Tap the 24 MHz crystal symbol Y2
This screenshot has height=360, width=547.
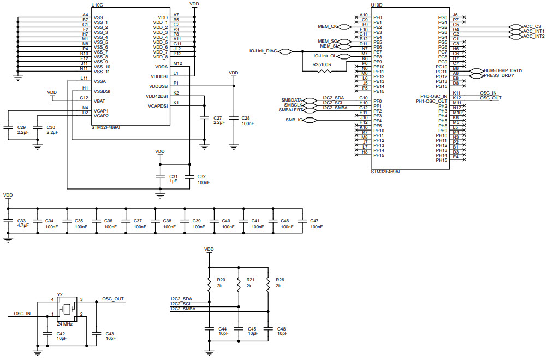[x=68, y=309]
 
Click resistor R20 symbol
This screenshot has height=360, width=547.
[x=209, y=284]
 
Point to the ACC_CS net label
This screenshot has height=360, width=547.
[x=532, y=26]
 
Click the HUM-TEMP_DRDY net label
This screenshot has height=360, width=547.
[x=503, y=70]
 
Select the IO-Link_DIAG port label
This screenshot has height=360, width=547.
[x=263, y=51]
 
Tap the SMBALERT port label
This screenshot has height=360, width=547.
[x=292, y=110]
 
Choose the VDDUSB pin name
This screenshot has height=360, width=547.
[x=158, y=86]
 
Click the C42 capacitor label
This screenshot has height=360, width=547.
[x=61, y=333]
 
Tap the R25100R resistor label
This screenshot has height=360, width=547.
[x=322, y=64]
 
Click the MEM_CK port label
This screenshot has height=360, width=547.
[x=327, y=26]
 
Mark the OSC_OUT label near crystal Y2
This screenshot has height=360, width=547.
[x=113, y=299]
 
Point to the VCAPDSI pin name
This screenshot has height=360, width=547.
[x=158, y=106]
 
